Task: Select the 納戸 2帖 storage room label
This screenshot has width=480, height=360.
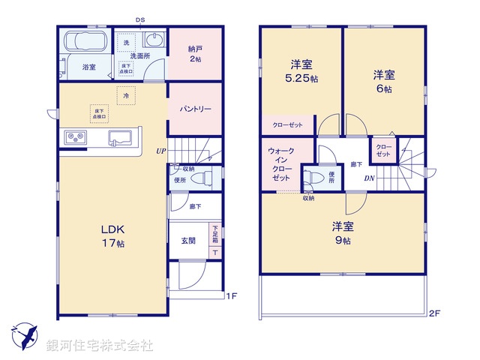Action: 195,54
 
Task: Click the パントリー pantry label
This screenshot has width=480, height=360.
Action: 195,109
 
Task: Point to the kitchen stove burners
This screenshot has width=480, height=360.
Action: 76,137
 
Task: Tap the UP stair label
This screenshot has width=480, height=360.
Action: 160,151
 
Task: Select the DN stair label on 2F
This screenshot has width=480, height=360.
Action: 369,178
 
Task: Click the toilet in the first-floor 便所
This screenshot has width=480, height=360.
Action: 203,178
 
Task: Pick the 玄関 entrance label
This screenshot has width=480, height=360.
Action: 188,240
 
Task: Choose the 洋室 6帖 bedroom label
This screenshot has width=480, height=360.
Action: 384,80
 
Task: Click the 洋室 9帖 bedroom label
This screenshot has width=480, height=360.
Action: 343,232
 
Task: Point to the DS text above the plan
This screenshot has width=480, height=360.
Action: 140,19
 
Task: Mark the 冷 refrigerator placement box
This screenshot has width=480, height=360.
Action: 127,96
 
